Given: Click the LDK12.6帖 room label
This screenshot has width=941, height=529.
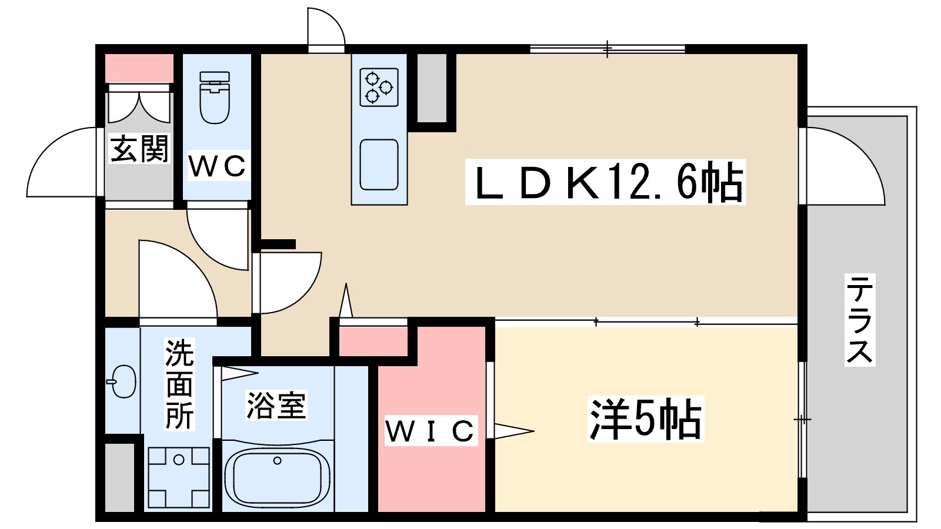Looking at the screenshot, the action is click(x=605, y=182).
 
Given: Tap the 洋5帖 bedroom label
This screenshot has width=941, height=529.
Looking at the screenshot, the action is click(x=646, y=418).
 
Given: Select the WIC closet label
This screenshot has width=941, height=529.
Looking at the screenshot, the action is click(x=432, y=430).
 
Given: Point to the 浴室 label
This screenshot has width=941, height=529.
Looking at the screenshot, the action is click(x=276, y=405).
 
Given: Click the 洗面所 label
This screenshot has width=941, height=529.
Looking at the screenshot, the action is click(x=179, y=384).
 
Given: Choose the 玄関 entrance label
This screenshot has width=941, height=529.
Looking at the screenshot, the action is click(x=139, y=148).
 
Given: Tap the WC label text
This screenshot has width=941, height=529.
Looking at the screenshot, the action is click(x=217, y=166).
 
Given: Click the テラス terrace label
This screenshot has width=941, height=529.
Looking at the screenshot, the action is click(x=859, y=320).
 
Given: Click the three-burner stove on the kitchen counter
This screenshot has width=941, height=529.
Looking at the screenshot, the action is click(x=379, y=87).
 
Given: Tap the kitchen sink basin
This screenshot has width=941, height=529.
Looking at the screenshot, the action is click(x=379, y=165).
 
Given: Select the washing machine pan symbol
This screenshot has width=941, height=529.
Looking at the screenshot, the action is click(x=179, y=478).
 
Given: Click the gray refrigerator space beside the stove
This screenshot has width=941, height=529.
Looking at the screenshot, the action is click(x=432, y=88).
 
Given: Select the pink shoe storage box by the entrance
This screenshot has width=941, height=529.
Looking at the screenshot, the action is click(x=139, y=68).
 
